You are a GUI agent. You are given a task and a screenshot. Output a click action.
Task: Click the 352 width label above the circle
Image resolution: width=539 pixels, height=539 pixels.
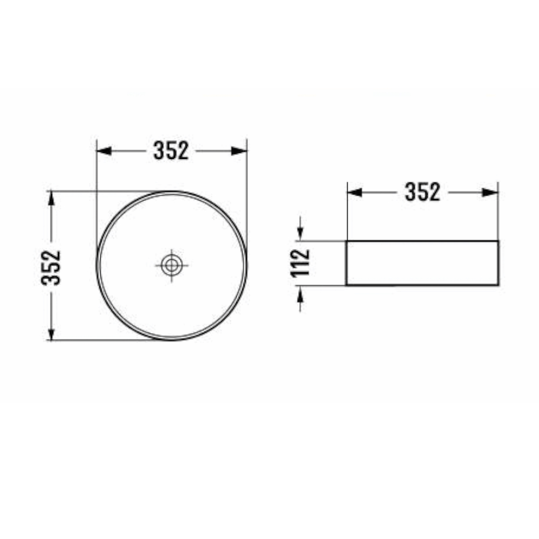(x=171, y=150)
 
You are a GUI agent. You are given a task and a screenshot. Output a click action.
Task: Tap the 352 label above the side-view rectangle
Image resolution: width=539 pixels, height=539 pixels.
(x=423, y=192)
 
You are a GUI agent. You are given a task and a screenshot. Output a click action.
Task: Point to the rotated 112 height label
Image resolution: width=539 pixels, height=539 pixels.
(x=300, y=263)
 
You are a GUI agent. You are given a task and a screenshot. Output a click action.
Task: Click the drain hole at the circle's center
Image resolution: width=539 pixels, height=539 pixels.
(x=171, y=265)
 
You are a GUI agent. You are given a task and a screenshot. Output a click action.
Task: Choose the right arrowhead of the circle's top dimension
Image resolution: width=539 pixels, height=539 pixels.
(x=239, y=150)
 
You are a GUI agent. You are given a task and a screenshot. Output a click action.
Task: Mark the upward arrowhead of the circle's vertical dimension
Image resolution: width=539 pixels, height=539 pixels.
(x=51, y=198)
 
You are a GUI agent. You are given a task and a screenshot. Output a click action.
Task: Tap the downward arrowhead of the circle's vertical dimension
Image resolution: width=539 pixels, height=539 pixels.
(x=51, y=333)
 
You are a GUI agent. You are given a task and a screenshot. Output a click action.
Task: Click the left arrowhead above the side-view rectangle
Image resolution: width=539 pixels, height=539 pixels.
(x=355, y=192)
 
